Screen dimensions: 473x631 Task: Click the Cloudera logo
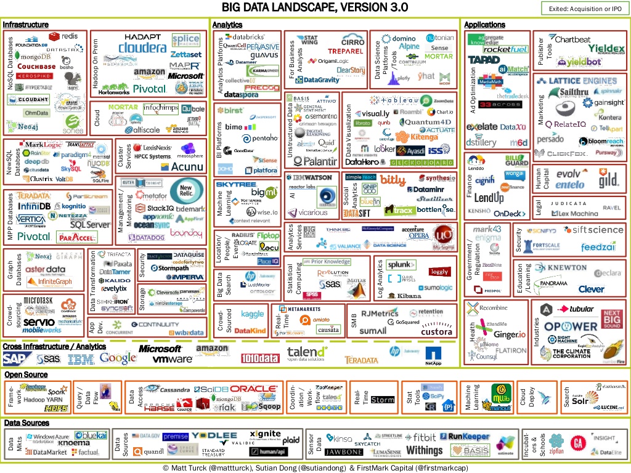[x=142, y=48]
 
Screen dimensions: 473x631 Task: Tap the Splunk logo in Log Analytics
[x=401, y=265]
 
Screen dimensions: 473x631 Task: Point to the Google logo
[x=118, y=358]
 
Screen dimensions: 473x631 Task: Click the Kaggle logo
[x=252, y=314]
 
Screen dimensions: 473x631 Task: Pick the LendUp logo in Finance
[x=489, y=198]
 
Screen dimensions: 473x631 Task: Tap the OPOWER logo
[x=570, y=326]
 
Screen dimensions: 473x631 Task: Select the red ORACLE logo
[x=253, y=389]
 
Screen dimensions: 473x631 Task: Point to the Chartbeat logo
[x=572, y=39]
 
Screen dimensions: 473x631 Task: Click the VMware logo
[x=173, y=358]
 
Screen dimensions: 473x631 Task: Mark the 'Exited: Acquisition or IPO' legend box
[x=582, y=8]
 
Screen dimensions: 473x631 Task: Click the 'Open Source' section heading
[x=26, y=374]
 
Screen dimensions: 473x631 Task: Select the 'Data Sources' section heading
[x=27, y=423]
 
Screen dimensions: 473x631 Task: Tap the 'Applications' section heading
[x=484, y=25]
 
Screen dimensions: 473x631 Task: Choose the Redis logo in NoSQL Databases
[x=68, y=36]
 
